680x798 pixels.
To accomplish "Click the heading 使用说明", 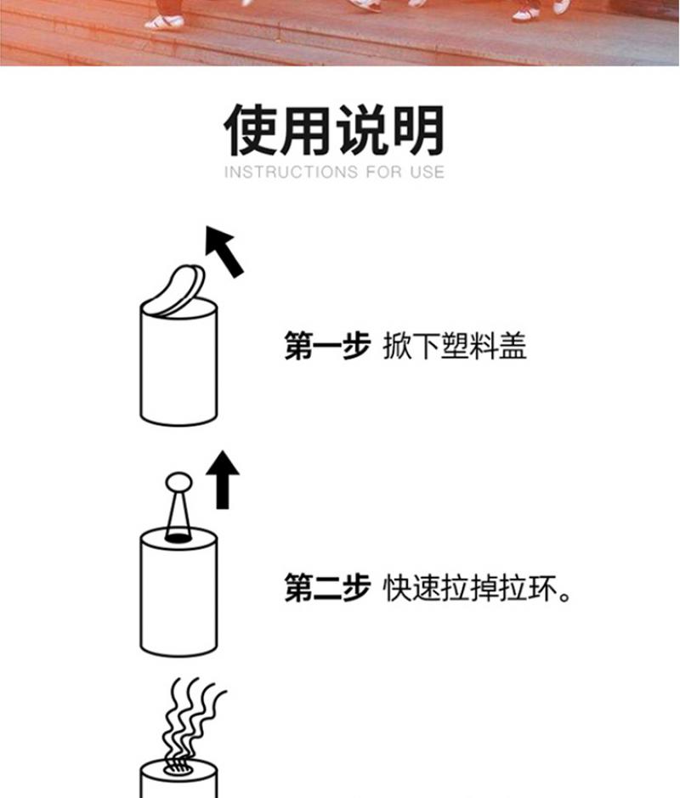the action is tap(334, 130).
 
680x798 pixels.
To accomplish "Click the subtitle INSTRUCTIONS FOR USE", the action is tap(334, 172).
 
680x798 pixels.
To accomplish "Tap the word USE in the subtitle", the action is tap(428, 172).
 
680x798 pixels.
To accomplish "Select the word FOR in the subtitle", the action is tap(383, 172).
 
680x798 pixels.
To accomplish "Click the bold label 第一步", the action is tap(327, 346).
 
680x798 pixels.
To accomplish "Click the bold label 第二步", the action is tap(327, 588).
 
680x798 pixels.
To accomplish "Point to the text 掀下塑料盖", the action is tap(455, 346).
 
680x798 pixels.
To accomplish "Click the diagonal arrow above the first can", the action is tap(224, 252).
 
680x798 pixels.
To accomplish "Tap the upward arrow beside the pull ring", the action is tap(223, 479).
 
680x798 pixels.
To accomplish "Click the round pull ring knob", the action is tap(178, 482).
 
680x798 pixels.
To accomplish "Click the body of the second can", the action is tap(178, 596).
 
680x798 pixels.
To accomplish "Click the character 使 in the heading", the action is tap(251, 130).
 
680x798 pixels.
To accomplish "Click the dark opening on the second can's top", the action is tap(178, 537).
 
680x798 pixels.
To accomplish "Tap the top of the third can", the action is tap(178, 772).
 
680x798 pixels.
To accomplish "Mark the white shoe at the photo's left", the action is tap(164, 22).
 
